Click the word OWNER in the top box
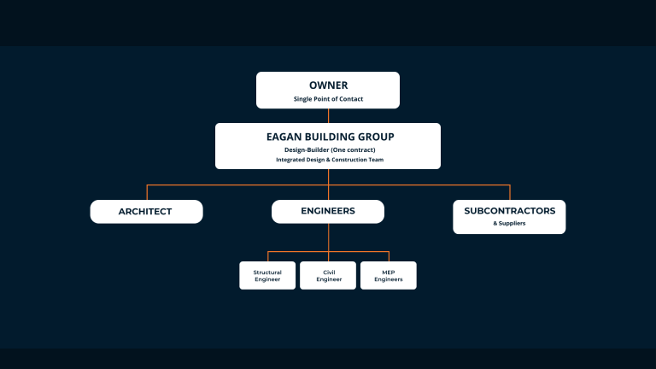[x=328, y=85]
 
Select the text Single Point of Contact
[x=328, y=99]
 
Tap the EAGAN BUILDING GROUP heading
[x=328, y=137]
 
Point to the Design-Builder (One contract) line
[x=328, y=149]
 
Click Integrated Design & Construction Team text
[x=328, y=160]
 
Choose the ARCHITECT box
[x=146, y=212]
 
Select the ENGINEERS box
[x=328, y=211]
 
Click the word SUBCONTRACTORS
[x=509, y=211]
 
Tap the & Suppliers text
[x=509, y=224]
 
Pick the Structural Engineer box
[x=267, y=276]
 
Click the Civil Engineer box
[x=328, y=276]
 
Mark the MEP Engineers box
[x=389, y=276]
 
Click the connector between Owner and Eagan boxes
[x=328, y=115]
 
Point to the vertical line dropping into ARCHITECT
[x=147, y=192]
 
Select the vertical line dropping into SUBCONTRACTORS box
[x=510, y=192]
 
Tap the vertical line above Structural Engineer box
[x=267, y=256]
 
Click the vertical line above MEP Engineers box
[x=389, y=256]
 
